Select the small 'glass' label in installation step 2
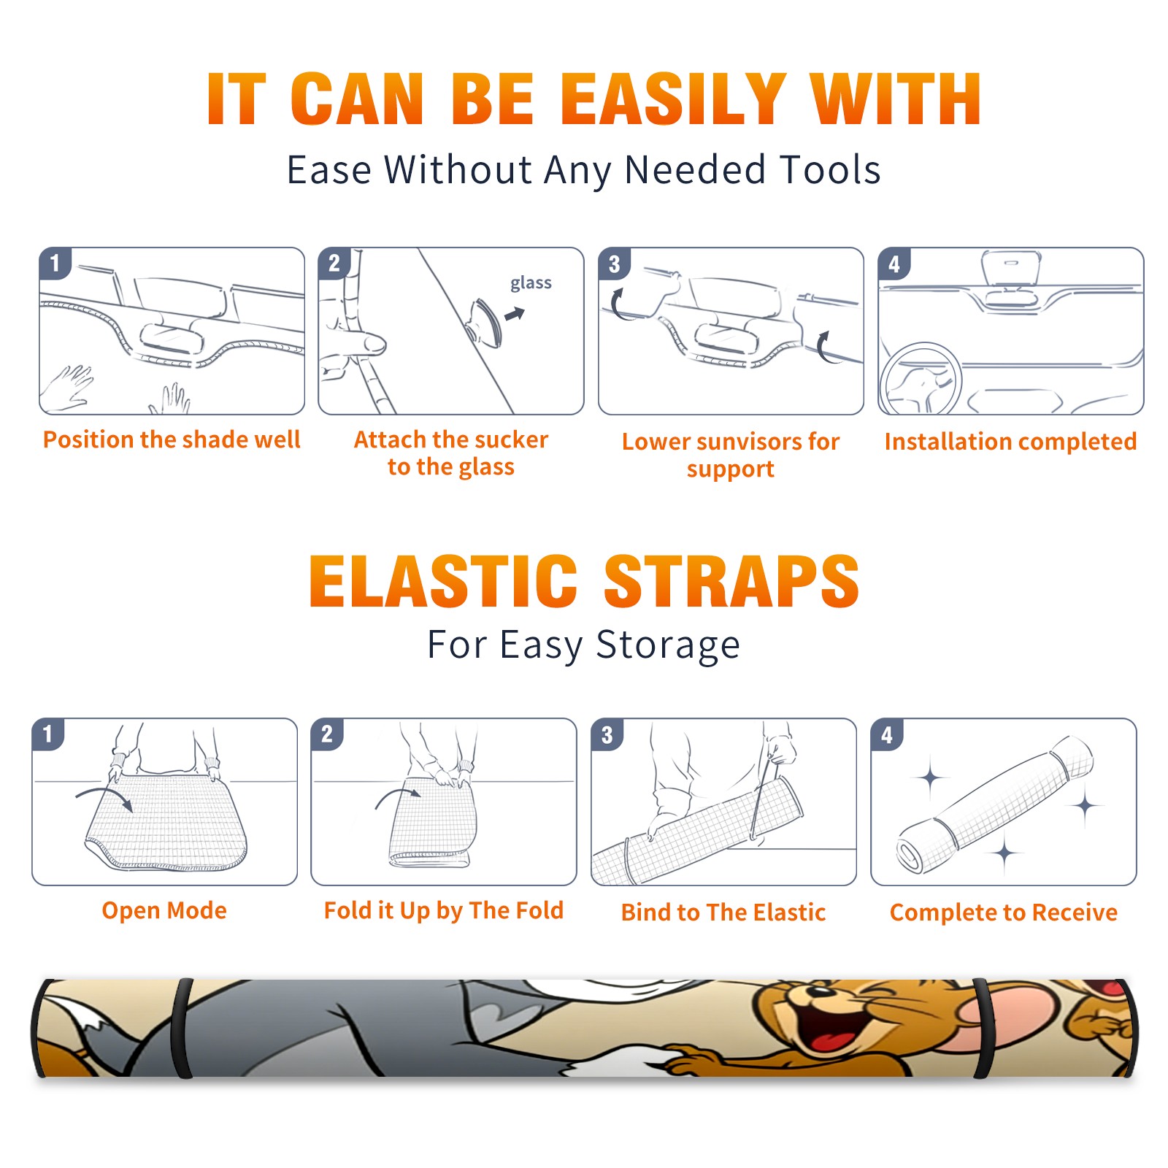(x=531, y=283)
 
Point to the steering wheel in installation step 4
(x=921, y=378)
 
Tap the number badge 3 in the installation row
(x=614, y=264)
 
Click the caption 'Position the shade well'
(x=172, y=439)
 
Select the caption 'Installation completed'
(x=1010, y=441)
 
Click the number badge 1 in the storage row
(x=48, y=734)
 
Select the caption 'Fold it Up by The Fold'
(x=444, y=910)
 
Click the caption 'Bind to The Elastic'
(x=723, y=912)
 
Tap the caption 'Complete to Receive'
(x=1004, y=912)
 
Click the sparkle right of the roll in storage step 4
(x=1086, y=806)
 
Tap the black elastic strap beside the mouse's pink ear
(x=983, y=1028)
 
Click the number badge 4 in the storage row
(x=887, y=734)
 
